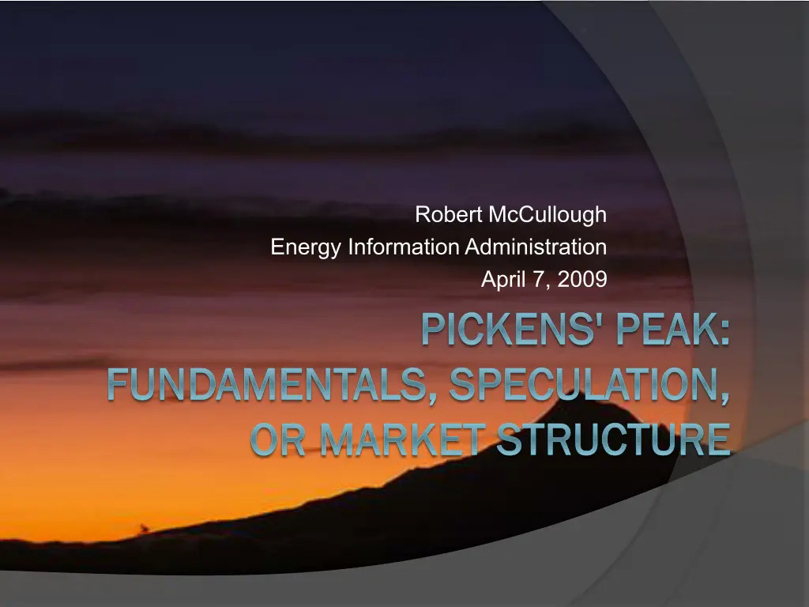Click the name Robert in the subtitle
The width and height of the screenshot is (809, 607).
(449, 214)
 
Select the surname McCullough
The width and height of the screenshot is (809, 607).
(547, 215)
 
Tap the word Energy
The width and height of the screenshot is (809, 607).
(306, 247)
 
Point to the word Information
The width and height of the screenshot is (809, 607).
(404, 247)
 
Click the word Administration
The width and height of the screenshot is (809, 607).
(536, 247)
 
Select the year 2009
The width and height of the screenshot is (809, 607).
(582, 279)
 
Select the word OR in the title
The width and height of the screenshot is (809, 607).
(277, 439)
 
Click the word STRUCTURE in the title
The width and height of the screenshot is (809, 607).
(613, 439)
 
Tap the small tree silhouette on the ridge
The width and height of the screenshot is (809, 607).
(144, 528)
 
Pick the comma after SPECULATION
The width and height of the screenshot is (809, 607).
(725, 398)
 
